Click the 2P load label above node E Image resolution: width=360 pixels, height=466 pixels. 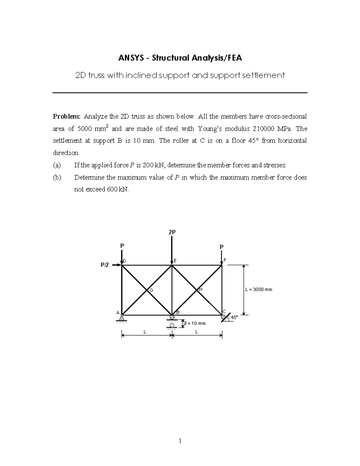172,232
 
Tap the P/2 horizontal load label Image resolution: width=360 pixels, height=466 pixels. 105,265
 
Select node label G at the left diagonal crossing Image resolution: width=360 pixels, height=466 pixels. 151,290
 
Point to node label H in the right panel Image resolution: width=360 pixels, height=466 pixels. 201,290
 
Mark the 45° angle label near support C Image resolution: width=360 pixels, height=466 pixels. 234,317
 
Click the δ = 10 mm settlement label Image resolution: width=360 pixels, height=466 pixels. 195,323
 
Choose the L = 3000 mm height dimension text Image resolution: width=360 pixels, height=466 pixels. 259,290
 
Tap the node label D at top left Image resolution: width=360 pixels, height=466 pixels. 124,261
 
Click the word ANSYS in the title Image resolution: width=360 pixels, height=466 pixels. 130,58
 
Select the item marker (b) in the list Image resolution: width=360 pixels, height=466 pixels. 57,177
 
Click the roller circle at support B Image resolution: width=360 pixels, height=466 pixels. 172,317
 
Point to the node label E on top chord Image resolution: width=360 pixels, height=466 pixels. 175,261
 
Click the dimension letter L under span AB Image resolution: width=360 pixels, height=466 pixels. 145,332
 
